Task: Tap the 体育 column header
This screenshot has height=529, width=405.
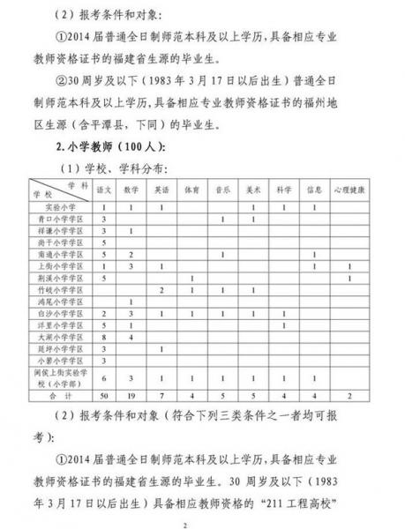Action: [x=191, y=190]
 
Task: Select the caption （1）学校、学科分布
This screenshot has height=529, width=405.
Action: [x=130, y=168]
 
